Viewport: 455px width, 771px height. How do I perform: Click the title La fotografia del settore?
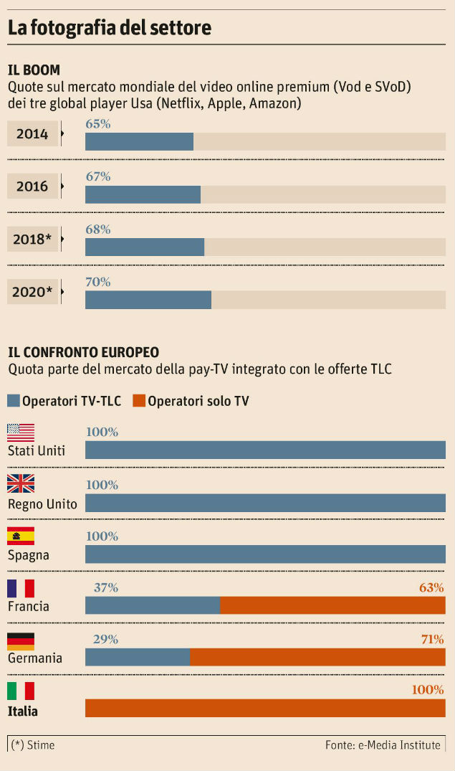109,29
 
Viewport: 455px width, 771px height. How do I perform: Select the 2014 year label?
32,134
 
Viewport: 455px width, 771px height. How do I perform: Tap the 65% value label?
98,124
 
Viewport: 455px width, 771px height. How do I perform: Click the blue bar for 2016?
143,194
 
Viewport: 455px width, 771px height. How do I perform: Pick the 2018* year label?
32,240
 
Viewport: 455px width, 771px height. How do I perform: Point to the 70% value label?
98,282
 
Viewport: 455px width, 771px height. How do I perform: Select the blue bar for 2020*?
148,300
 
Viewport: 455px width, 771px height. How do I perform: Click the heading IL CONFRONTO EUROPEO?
83,352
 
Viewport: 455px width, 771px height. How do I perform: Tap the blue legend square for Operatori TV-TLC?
14,400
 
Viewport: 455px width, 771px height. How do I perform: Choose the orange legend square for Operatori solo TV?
139,400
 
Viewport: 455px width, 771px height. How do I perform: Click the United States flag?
21,432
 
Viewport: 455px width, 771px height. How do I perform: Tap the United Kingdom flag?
21,484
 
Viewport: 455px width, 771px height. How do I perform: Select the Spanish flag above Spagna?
21,536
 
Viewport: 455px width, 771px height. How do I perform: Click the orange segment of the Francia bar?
332,605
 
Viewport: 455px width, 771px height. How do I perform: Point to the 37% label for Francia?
106,588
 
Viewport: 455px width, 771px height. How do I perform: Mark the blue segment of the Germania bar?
138,657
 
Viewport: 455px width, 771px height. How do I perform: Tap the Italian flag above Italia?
21,691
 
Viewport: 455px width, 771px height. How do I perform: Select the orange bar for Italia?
265,708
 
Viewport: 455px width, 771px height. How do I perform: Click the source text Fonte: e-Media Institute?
383,745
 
